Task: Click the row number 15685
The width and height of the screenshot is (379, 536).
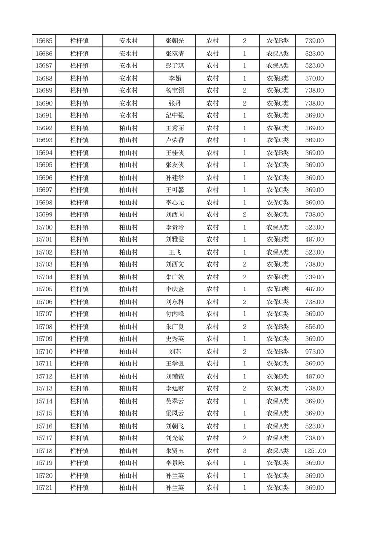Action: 44,41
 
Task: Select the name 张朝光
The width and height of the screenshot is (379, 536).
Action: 175,41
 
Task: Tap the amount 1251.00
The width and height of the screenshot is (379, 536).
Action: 315,450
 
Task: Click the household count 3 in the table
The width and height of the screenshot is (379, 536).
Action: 244,450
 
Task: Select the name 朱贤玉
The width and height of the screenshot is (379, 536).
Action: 175,450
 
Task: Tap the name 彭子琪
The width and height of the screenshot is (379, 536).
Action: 175,66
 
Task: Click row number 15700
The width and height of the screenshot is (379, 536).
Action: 44,227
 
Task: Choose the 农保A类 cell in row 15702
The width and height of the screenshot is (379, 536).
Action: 277,252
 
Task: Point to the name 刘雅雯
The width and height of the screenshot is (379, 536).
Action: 175,240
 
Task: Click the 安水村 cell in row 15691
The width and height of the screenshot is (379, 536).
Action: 128,116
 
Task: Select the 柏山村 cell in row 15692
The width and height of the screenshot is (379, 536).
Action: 128,128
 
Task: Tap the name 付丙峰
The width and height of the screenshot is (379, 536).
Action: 175,314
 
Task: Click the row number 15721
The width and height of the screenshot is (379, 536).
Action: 44,488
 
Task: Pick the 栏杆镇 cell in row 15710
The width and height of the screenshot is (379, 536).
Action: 79,352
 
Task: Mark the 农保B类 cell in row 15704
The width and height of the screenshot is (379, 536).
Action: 277,277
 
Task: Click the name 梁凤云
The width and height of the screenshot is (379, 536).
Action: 175,414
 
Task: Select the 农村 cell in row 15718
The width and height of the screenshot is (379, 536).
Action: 212,450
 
